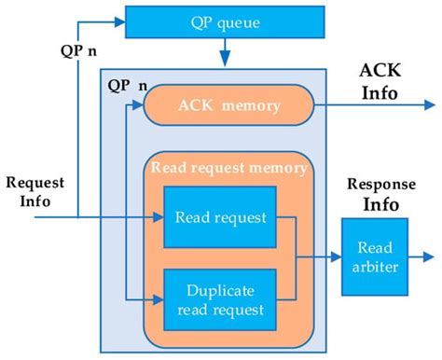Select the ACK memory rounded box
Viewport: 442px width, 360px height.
[229, 104]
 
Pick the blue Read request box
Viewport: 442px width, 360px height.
[220, 218]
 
